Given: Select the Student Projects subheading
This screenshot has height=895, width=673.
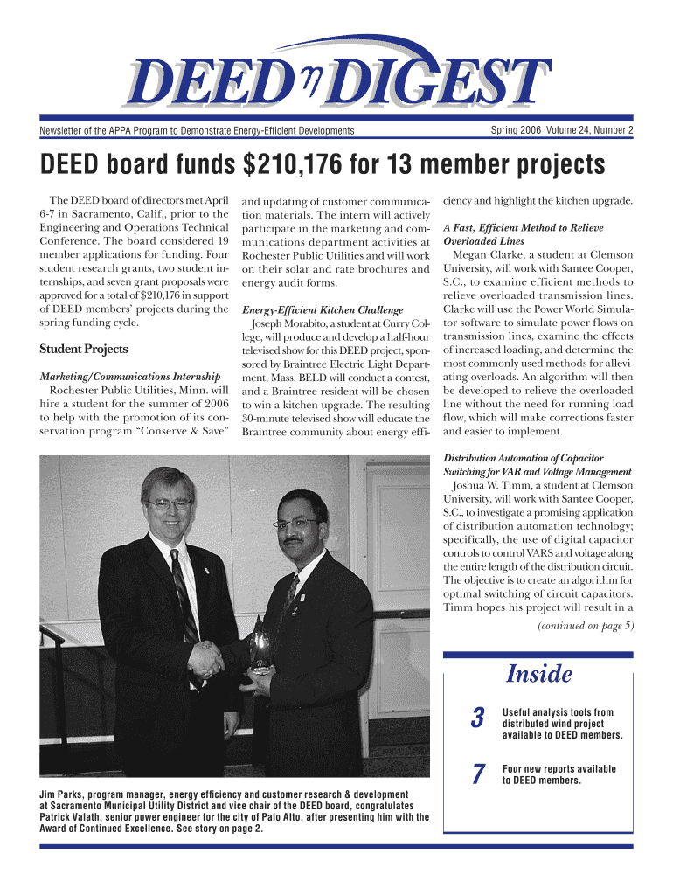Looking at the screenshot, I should coord(84,350).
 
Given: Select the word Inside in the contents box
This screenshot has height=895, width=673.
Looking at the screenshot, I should coord(539,675).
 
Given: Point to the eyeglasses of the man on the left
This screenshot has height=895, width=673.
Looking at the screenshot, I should coord(169,504).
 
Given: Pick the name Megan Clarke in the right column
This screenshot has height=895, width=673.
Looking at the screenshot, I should coord(489,255).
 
